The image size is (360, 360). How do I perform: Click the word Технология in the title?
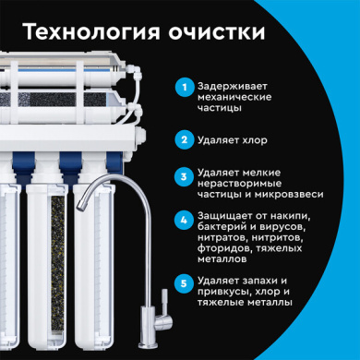click(91, 31)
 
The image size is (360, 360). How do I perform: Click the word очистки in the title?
click(217, 32)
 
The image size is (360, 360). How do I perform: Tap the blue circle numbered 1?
click(185, 87)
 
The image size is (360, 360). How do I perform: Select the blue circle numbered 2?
click(185, 140)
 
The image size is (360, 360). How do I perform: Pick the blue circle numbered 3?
click(184, 176)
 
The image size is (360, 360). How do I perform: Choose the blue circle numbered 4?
click(184, 220)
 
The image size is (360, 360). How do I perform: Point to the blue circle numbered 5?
click(184, 283)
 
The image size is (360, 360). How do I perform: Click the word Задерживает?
click(233, 87)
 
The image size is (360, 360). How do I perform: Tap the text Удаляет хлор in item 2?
click(233, 140)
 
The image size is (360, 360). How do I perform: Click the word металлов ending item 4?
click(222, 259)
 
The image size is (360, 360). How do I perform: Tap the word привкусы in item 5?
click(223, 292)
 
